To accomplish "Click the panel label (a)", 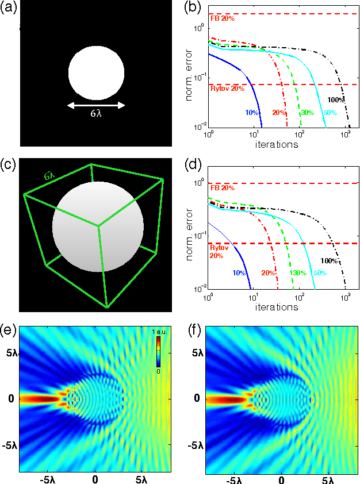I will (x=9, y=6).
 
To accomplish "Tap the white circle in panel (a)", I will (x=96, y=74).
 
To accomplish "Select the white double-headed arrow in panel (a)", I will (x=96, y=105).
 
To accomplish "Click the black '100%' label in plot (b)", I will (x=335, y=100).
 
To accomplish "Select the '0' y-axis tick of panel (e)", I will (x=10, y=398).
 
